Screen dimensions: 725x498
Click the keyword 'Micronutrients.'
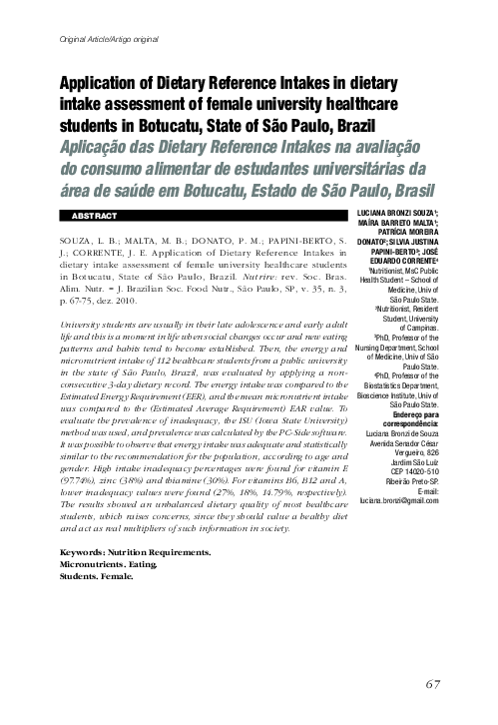click(x=90, y=564)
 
